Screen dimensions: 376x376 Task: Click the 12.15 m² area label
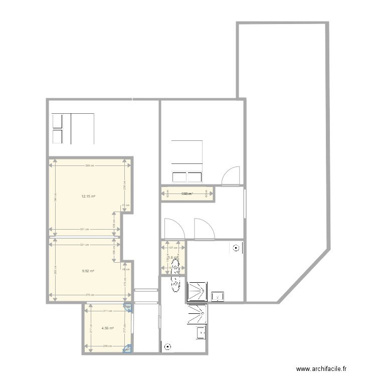click(x=88, y=197)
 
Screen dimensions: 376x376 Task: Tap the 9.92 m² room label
click(x=88, y=271)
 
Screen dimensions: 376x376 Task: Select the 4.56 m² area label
click(x=107, y=328)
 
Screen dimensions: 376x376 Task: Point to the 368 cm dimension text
click(x=88, y=165)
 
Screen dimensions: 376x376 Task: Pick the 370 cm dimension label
click(x=87, y=295)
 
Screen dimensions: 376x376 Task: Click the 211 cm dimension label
click(x=107, y=311)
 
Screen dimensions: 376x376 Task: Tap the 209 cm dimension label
click(x=107, y=346)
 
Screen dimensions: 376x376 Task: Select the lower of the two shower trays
click(x=197, y=315)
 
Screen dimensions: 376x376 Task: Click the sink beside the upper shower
click(x=218, y=296)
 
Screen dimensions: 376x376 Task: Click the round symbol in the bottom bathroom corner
click(x=167, y=345)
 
